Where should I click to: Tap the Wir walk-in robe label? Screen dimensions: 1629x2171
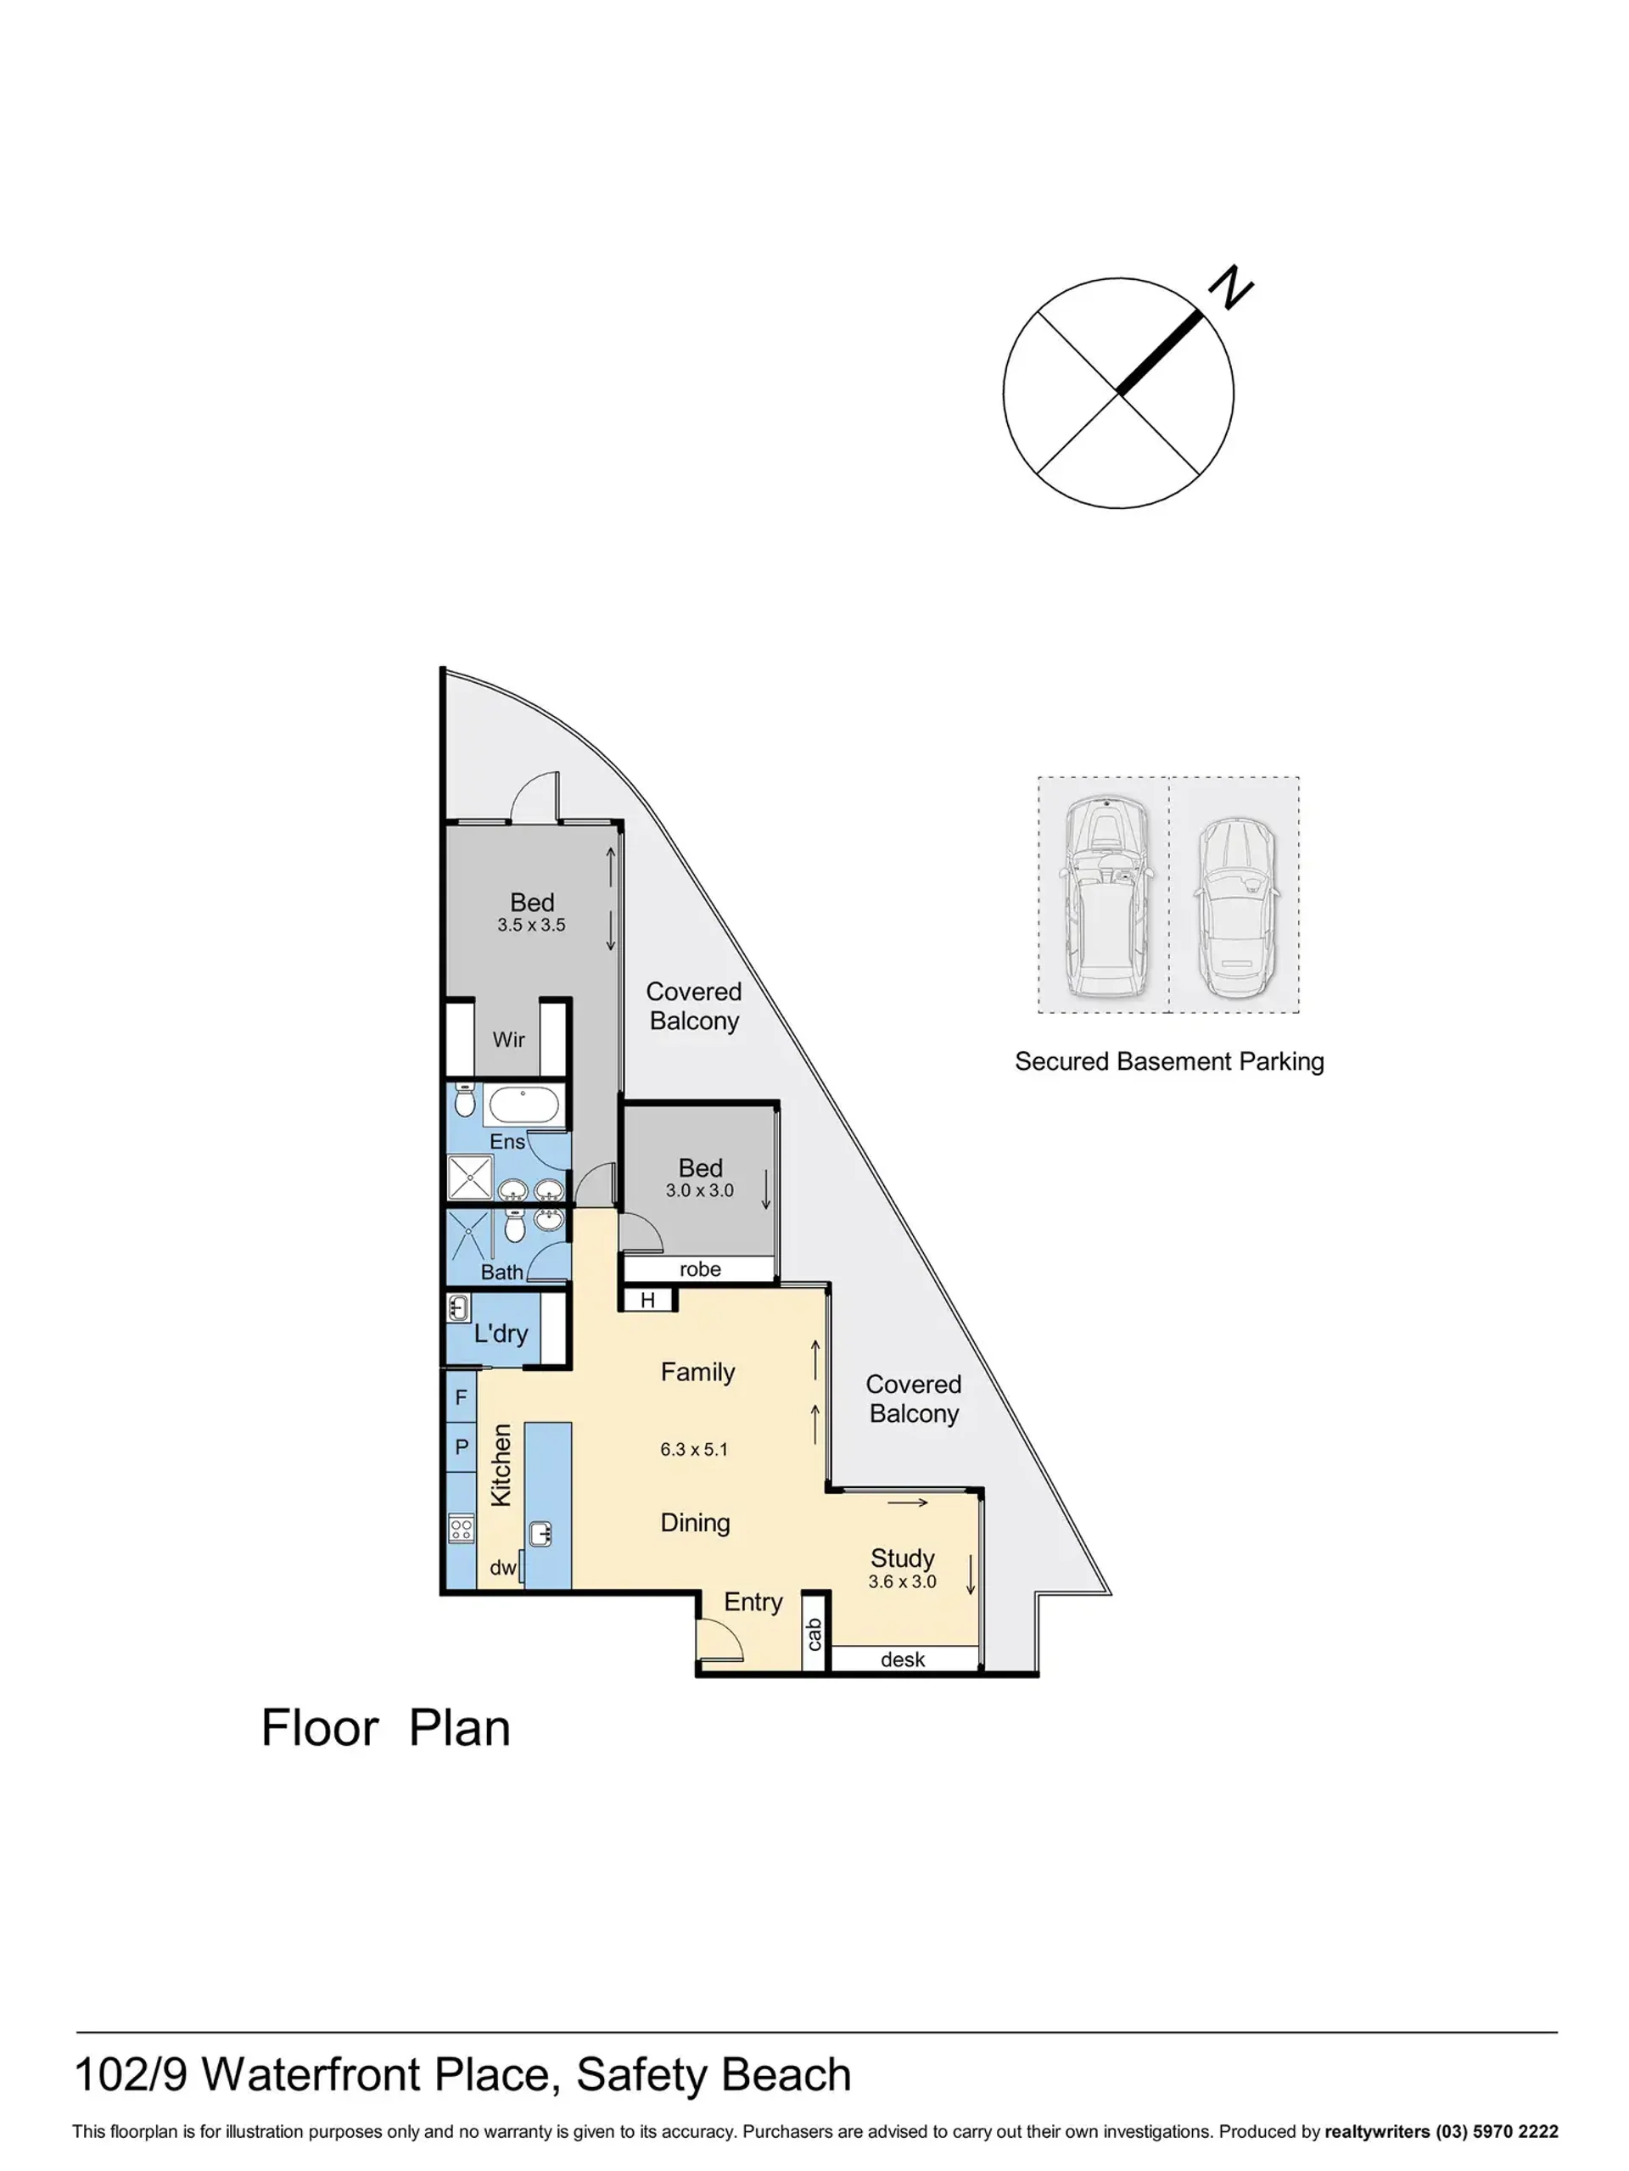click(x=508, y=1039)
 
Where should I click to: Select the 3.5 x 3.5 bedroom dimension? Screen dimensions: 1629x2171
click(x=531, y=925)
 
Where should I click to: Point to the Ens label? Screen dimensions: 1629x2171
click(x=507, y=1141)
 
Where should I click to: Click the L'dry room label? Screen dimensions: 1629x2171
click(x=501, y=1333)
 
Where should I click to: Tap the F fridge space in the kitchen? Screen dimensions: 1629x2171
click(x=462, y=1396)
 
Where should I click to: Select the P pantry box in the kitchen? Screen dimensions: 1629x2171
click(x=462, y=1446)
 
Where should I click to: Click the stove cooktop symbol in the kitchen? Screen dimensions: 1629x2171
click(x=462, y=1528)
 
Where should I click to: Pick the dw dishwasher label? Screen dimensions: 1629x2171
click(x=502, y=1568)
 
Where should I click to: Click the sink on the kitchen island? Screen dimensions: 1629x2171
click(x=540, y=1533)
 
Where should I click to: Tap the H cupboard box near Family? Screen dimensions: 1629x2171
click(x=647, y=1301)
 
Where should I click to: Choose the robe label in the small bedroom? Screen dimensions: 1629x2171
click(x=700, y=1269)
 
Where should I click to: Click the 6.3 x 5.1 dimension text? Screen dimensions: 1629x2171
click(x=694, y=1450)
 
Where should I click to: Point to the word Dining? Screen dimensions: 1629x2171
click(x=695, y=1523)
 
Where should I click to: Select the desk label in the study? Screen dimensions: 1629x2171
click(x=903, y=1659)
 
